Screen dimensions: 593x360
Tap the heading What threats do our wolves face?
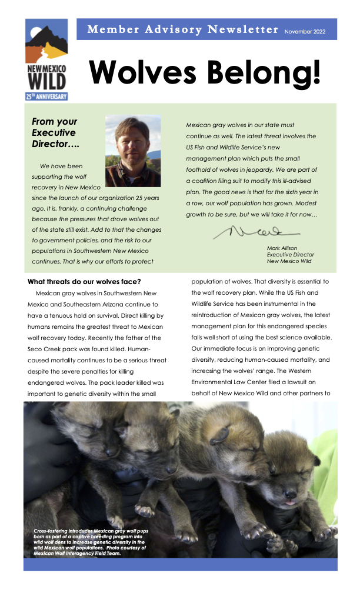[x=84, y=282]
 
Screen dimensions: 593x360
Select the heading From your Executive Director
[x=55, y=133]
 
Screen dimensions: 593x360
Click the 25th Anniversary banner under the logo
[x=46, y=96]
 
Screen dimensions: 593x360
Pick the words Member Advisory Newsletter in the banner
[x=182, y=29]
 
